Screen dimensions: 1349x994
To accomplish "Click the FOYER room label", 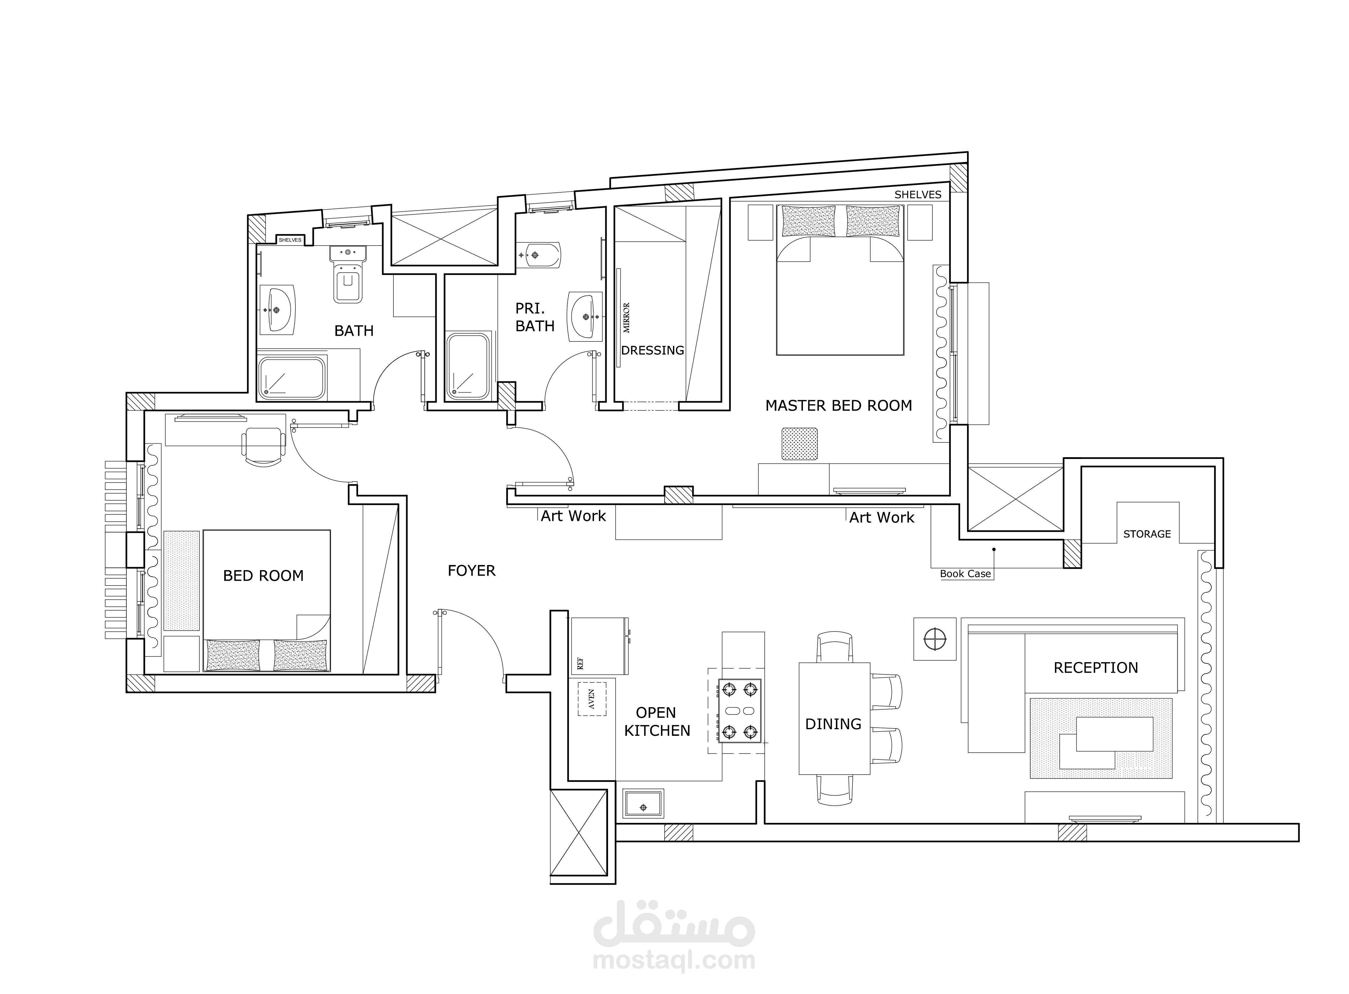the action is pos(471,570).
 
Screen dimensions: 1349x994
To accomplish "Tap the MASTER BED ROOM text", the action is pos(838,405).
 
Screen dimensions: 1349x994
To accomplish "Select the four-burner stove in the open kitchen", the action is pos(739,711).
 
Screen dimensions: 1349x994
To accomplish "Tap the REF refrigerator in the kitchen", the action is pos(599,646).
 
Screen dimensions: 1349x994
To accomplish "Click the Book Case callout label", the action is pos(965,573).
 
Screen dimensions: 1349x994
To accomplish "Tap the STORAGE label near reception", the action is pos(1147,534).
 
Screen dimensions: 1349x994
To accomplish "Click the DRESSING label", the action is pos(652,350).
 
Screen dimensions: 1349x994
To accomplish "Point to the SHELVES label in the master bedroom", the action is pos(918,194).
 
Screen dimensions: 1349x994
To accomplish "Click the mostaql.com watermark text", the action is pos(674,960).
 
